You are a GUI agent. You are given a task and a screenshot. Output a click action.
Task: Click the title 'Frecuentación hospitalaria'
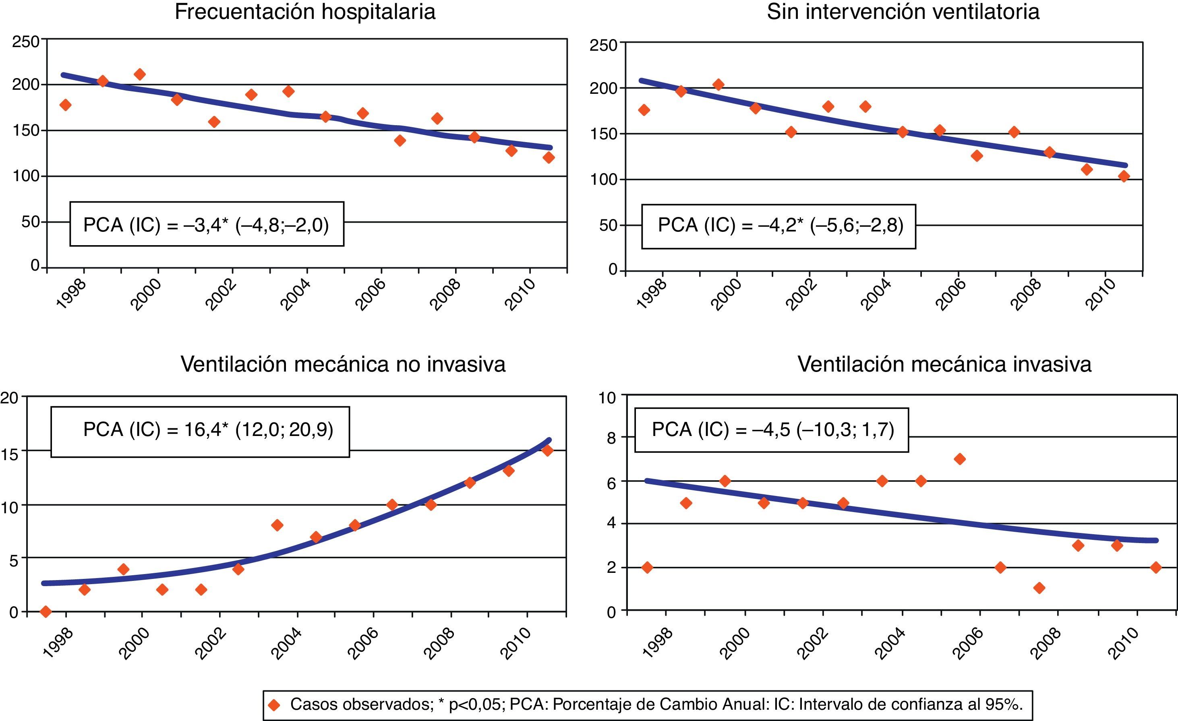[x=305, y=12]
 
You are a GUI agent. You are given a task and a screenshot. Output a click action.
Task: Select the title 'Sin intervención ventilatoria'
[x=903, y=12]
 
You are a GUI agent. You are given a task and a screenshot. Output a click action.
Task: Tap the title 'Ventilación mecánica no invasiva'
[x=343, y=365]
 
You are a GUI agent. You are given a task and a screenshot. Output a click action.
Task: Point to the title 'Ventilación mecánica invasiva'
[x=944, y=365]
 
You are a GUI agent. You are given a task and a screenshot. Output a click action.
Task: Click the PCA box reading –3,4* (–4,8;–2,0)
[x=207, y=224]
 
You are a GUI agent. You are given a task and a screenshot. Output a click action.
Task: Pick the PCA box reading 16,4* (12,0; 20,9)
[x=200, y=432]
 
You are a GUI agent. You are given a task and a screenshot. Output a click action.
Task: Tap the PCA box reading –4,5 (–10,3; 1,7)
[x=771, y=430]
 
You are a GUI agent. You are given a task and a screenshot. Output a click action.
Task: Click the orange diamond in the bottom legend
[x=274, y=704]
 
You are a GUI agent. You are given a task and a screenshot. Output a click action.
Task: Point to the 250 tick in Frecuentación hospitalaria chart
[x=25, y=42]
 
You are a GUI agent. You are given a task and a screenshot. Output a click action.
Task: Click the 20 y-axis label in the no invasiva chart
[x=8, y=398]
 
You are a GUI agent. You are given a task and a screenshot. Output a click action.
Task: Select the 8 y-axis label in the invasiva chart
[x=611, y=438]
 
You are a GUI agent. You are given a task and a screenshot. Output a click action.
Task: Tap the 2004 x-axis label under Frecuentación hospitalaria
[x=295, y=296]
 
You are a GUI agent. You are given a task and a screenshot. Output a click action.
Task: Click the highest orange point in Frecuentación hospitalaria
[x=140, y=74]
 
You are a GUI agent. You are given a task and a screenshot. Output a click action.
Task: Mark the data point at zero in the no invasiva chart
[x=46, y=611]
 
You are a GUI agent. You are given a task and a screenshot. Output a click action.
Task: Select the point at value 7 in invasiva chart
[x=959, y=459]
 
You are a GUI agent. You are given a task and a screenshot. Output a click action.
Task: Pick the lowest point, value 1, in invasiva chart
[x=1039, y=588]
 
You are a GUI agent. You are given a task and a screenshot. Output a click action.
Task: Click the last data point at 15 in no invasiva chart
[x=548, y=450]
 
